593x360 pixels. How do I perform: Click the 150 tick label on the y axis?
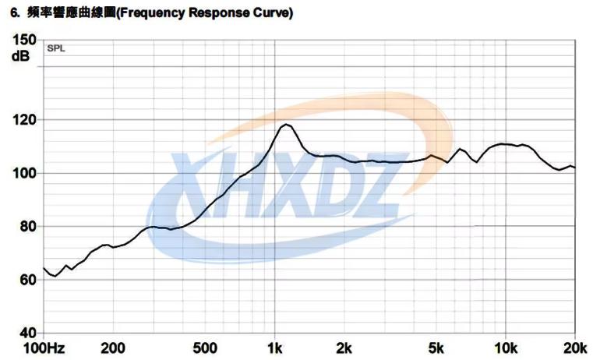[x=24, y=40]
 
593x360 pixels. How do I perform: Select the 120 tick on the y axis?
[x=24, y=120]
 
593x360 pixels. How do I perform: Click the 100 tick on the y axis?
[x=24, y=173]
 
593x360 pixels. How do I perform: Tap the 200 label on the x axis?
[x=113, y=348]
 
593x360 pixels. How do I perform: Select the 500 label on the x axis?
[x=205, y=348]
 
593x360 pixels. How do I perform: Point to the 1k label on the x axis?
[x=274, y=348]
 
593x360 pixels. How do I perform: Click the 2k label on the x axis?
[x=344, y=348]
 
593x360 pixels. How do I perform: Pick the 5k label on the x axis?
[x=436, y=348]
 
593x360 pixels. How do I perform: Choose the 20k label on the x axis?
[x=574, y=348]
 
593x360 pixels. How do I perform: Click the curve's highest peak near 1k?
[x=286, y=124]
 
